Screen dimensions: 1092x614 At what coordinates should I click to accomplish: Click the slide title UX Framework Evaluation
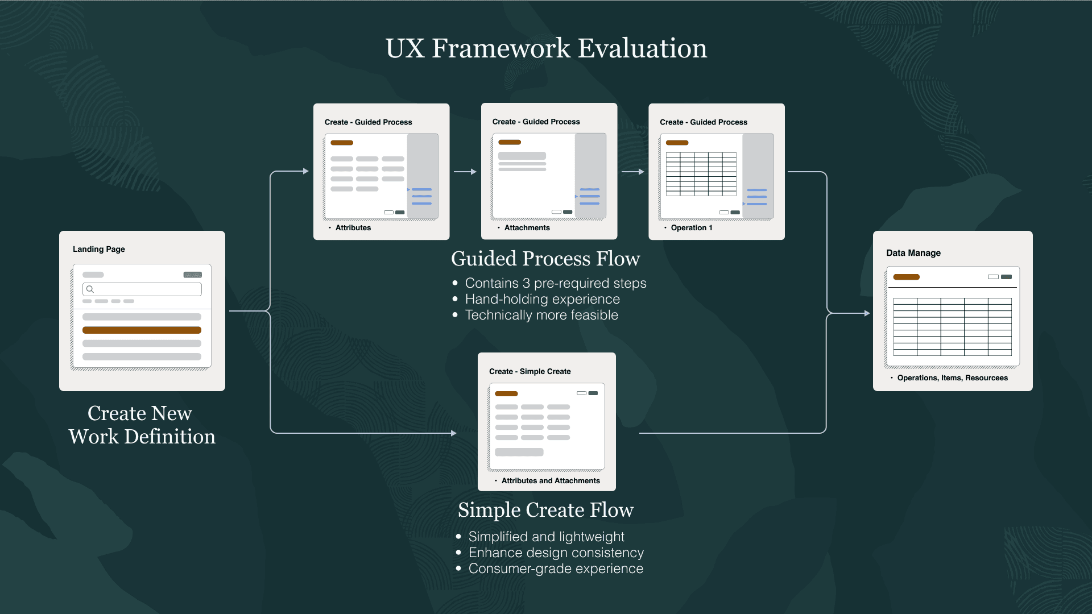pyautogui.click(x=546, y=48)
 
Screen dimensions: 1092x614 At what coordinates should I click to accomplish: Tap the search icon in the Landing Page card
pyautogui.click(x=90, y=289)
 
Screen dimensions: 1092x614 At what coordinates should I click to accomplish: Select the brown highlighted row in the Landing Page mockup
pyautogui.click(x=142, y=330)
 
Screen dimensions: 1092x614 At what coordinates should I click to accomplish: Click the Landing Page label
pyautogui.click(x=99, y=249)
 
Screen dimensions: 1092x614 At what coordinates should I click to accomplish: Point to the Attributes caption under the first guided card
pyautogui.click(x=353, y=227)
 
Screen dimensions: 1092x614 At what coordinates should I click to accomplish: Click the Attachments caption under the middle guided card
pyautogui.click(x=527, y=227)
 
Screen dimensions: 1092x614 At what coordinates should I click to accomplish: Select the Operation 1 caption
pyautogui.click(x=691, y=227)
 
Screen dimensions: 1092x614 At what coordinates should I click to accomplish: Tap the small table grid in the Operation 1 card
pyautogui.click(x=701, y=174)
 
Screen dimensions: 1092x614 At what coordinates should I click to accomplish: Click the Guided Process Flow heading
pyautogui.click(x=545, y=259)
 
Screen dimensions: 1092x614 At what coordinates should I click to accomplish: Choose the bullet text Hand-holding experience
pyautogui.click(x=542, y=299)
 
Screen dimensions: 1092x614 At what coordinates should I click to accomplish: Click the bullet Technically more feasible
pyautogui.click(x=541, y=315)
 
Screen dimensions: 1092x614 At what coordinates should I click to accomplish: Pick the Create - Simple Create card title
pyautogui.click(x=530, y=371)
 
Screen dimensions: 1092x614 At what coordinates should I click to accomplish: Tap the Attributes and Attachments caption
pyautogui.click(x=550, y=480)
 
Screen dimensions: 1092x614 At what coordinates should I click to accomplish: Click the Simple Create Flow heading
pyautogui.click(x=545, y=510)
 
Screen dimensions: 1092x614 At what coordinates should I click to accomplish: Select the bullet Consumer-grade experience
pyautogui.click(x=555, y=569)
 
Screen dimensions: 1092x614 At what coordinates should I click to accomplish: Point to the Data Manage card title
pyautogui.click(x=913, y=253)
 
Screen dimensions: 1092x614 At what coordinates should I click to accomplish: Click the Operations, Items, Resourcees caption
pyautogui.click(x=952, y=377)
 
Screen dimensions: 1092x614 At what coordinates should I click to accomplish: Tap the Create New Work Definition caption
pyautogui.click(x=142, y=425)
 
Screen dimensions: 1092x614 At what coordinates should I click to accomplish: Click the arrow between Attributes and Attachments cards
pyautogui.click(x=465, y=171)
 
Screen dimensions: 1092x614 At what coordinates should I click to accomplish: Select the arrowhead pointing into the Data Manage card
pyautogui.click(x=866, y=313)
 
